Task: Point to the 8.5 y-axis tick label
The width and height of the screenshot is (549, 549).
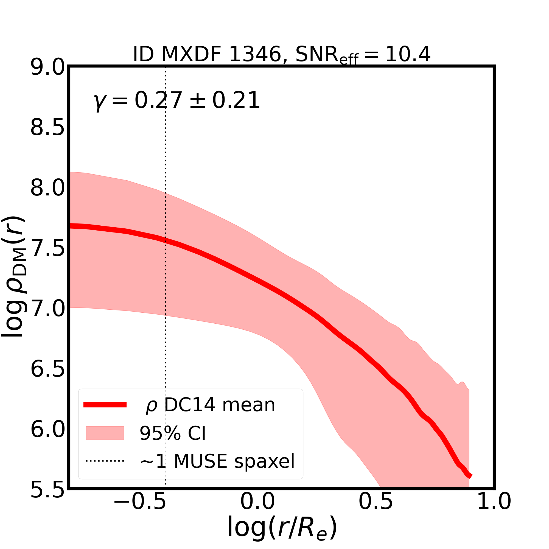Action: click(48, 128)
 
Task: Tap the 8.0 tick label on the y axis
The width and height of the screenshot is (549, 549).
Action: click(48, 188)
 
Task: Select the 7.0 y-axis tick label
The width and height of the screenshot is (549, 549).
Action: click(48, 309)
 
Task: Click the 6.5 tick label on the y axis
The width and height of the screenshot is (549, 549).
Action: click(48, 370)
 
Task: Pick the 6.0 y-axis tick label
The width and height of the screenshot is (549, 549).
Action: click(48, 430)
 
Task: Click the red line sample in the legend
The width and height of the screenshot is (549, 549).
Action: click(105, 405)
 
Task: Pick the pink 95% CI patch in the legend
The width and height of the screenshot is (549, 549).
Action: click(105, 433)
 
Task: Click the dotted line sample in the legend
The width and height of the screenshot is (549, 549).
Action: click(105, 461)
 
